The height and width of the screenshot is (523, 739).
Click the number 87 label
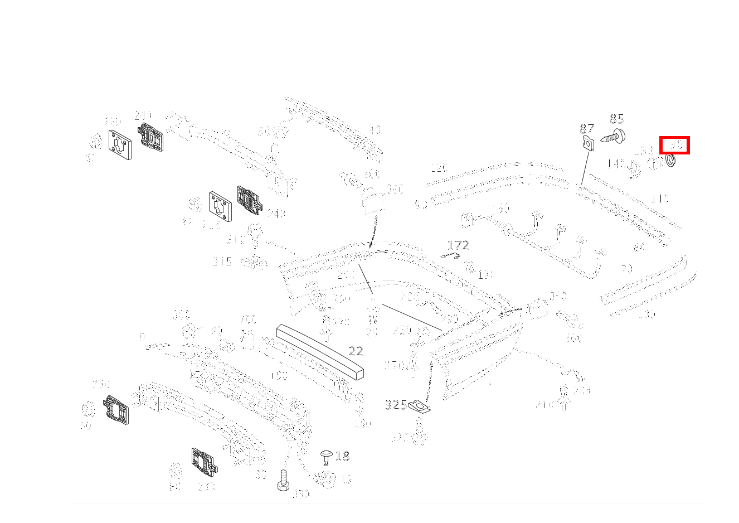[586, 129]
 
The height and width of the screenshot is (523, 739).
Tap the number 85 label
[616, 119]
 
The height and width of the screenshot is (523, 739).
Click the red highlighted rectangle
[674, 145]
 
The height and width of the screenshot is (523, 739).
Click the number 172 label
[458, 245]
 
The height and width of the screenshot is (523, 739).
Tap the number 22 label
[356, 351]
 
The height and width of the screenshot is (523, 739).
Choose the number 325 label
[396, 405]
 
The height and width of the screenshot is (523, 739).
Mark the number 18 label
[342, 457]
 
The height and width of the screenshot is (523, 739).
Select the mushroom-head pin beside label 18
[327, 458]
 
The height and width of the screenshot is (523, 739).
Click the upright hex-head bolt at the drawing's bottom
[284, 480]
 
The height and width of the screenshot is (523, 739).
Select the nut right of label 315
[254, 261]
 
